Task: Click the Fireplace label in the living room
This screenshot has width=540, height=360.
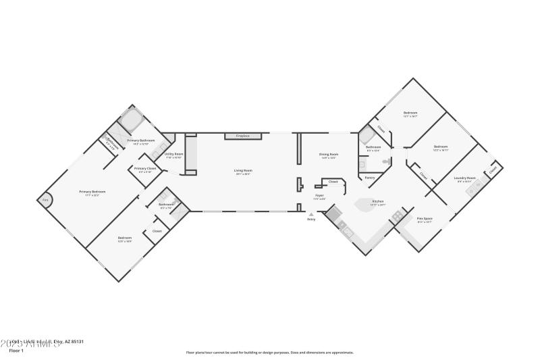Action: pyautogui.click(x=242, y=136)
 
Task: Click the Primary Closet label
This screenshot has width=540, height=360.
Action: pyautogui.click(x=145, y=169)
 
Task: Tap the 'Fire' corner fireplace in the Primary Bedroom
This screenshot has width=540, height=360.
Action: pyautogui.click(x=46, y=201)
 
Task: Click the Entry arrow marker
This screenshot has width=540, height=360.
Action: pyautogui.click(x=311, y=215)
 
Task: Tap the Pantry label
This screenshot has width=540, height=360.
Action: pyautogui.click(x=369, y=178)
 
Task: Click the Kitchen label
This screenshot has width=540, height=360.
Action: pyautogui.click(x=378, y=202)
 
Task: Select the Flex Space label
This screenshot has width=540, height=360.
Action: pyautogui.click(x=424, y=220)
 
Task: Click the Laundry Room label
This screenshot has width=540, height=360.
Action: pyautogui.click(x=466, y=179)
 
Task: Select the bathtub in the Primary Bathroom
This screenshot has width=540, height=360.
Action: pyautogui.click(x=130, y=122)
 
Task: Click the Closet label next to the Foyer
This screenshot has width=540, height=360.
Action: pyautogui.click(x=333, y=182)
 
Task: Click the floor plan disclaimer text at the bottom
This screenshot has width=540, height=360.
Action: pyautogui.click(x=269, y=352)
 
